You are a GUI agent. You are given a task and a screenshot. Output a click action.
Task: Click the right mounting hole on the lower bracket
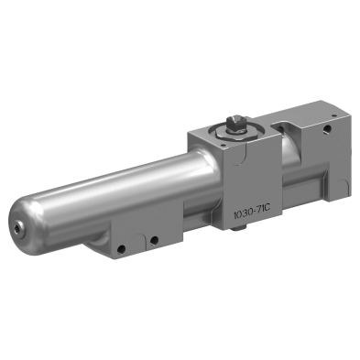pos(155,241)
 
